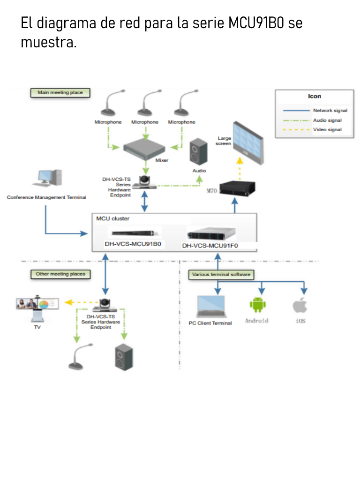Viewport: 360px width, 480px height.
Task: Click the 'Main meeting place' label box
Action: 60,93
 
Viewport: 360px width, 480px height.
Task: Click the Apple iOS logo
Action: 300,305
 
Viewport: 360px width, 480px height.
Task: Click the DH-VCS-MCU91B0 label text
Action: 133,244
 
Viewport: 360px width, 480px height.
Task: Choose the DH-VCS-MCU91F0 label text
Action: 210,245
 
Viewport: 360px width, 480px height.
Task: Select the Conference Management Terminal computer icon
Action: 49,180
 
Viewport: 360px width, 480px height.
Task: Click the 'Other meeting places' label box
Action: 60,274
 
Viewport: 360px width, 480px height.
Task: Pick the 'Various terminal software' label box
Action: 221,275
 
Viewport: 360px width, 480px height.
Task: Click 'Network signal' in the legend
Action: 330,111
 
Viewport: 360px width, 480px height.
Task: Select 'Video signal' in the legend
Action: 327,129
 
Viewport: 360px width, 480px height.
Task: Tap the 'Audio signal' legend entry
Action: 327,120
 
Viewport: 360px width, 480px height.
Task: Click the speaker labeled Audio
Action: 199,153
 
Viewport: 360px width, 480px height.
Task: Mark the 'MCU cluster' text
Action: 112,219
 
